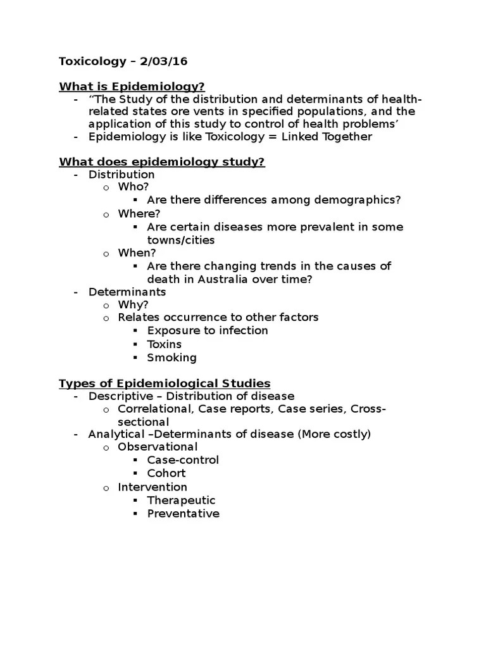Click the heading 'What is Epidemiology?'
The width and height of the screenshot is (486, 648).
tap(132, 87)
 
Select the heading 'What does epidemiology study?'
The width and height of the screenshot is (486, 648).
tap(161, 162)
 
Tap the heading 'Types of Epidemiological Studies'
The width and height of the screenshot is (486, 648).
tap(165, 383)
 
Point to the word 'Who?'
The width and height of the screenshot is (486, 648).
tap(133, 187)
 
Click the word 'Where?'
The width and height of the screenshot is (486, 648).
tap(139, 214)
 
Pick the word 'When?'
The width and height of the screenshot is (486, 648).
tap(137, 253)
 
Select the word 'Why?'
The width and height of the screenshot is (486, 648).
tap(133, 304)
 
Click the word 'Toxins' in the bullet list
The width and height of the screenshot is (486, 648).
tap(164, 344)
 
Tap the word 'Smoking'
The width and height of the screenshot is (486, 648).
tap(171, 358)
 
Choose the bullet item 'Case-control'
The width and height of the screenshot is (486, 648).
tap(183, 460)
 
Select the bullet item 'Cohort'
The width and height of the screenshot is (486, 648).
tap(166, 473)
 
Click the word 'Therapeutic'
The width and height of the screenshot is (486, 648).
tap(181, 501)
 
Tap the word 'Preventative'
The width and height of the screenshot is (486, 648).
tap(183, 514)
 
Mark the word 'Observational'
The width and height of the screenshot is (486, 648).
tap(158, 447)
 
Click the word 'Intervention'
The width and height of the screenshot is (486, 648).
tap(153, 487)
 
